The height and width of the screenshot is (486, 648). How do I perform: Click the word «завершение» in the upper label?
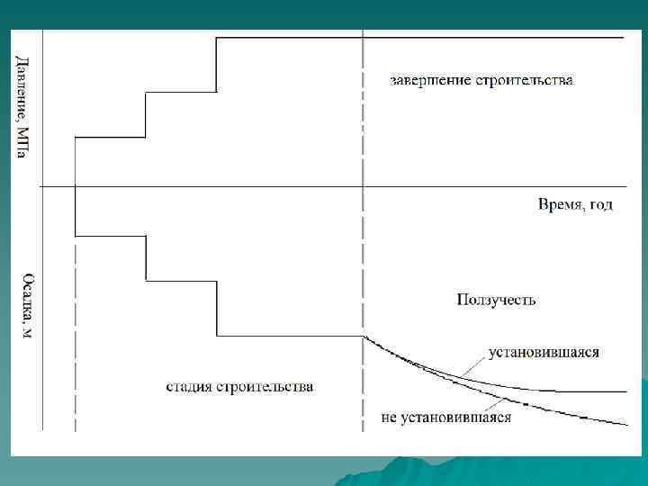pos(427,80)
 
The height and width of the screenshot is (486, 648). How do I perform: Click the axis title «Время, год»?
pos(575,204)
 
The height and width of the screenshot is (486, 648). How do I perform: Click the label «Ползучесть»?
pos(496,299)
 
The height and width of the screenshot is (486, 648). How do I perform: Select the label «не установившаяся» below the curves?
pos(447,417)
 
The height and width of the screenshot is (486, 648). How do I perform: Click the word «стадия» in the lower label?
pos(190,387)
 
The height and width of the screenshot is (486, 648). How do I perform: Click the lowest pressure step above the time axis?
pos(110,138)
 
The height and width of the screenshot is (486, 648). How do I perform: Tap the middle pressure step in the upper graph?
pos(181,91)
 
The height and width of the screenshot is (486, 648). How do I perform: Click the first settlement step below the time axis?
pos(110,236)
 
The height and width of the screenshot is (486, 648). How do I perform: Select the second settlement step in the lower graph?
pos(181,282)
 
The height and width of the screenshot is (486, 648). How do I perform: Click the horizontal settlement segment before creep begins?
pos(288,336)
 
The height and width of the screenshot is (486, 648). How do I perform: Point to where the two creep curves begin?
pos(364,337)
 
